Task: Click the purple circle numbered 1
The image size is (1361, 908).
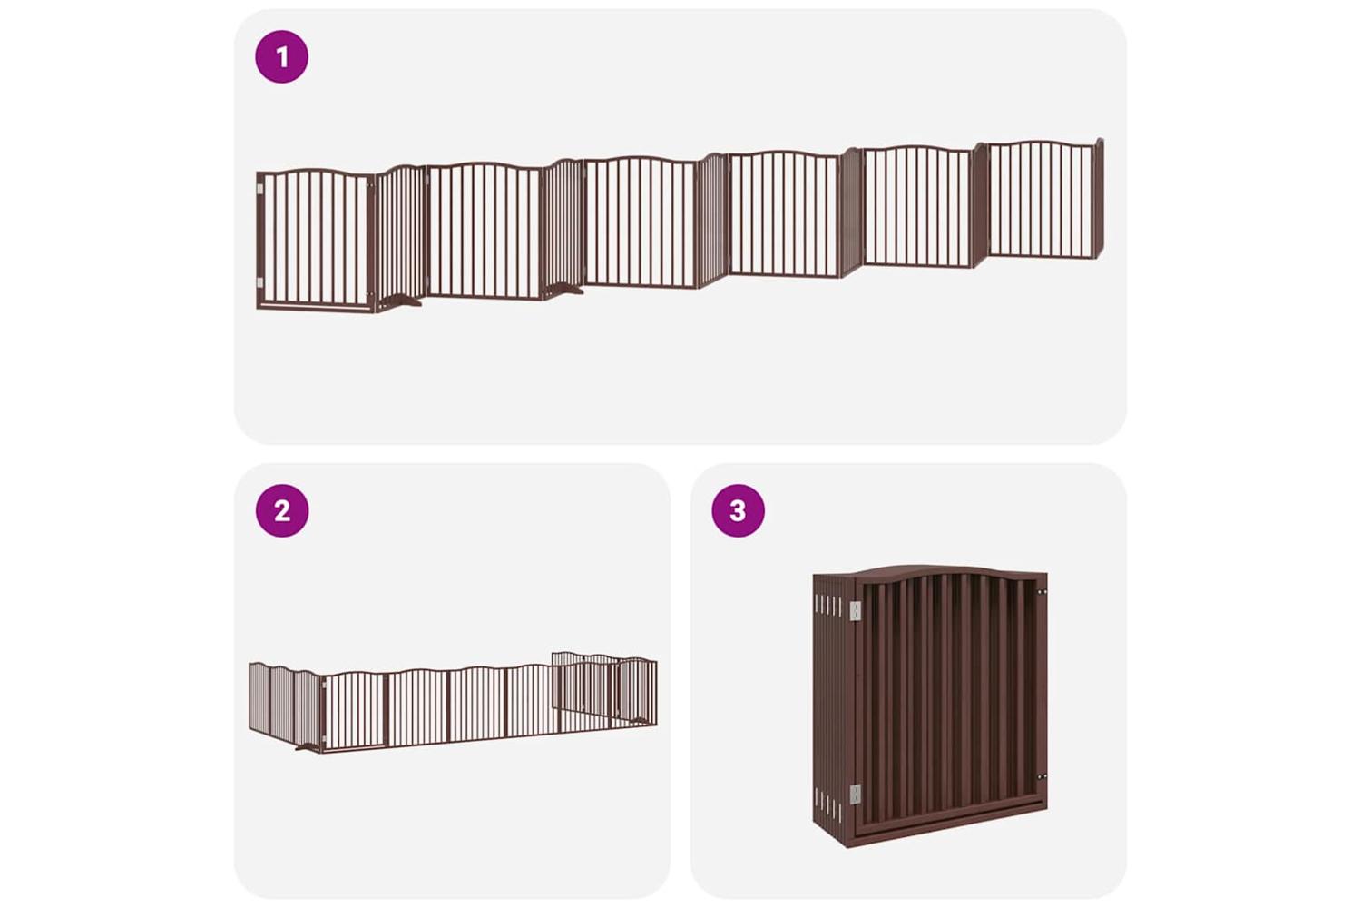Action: coord(281,56)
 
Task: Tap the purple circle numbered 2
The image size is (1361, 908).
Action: coord(282,511)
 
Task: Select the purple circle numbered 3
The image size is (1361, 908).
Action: coord(739,511)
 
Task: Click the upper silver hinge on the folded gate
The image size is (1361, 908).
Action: coord(856,610)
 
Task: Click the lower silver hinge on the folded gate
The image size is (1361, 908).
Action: coord(856,794)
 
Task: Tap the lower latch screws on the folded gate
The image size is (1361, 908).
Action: coord(1042,776)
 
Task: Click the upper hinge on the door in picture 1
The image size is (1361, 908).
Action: coord(260,189)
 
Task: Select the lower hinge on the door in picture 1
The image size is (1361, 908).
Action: coord(260,282)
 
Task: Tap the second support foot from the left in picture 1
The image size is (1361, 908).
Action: coord(563,290)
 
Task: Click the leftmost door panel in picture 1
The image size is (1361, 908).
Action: coord(316,240)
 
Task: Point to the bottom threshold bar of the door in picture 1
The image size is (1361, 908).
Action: coord(316,306)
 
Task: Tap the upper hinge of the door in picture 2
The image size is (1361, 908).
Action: coord(324,687)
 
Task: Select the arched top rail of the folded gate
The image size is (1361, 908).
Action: coord(930,572)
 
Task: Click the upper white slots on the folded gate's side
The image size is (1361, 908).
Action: coord(829,606)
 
